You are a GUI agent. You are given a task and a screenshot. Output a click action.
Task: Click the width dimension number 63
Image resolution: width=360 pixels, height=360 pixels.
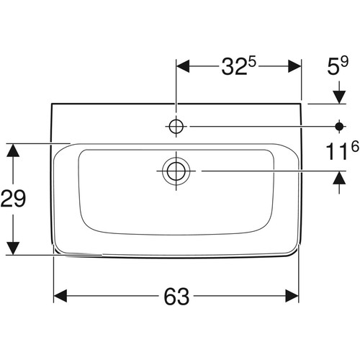176,296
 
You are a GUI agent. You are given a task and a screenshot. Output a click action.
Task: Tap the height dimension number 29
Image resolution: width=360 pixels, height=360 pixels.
13,198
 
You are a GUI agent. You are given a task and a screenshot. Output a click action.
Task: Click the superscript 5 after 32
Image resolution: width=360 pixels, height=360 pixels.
252,63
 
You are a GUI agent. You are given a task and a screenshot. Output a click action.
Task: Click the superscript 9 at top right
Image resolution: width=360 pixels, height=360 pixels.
344,63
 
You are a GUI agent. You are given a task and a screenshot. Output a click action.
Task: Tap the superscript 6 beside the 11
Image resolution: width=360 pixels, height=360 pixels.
355,146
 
